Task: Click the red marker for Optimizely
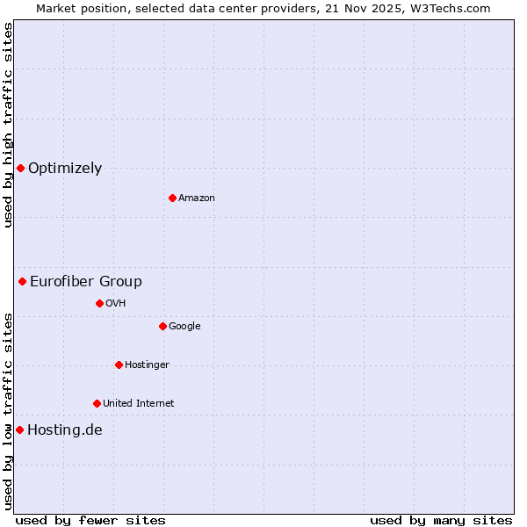click(20, 168)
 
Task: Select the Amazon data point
click(172, 198)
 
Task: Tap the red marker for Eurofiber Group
click(22, 281)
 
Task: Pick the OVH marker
click(99, 303)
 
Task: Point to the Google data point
click(162, 326)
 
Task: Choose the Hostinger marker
click(119, 365)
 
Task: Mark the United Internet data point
click(97, 403)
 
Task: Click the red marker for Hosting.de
click(19, 430)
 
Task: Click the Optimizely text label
click(65, 169)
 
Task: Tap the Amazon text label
click(197, 199)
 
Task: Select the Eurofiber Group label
click(86, 282)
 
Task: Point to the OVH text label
click(116, 304)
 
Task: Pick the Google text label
click(184, 327)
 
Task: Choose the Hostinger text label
click(147, 365)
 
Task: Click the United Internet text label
click(139, 404)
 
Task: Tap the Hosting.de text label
click(65, 430)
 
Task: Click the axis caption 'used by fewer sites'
click(90, 520)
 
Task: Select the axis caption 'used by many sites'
click(441, 520)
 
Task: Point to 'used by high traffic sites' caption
click(8, 125)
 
